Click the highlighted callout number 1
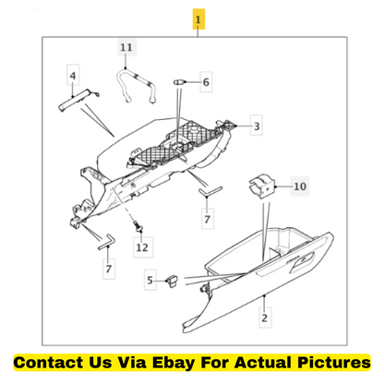click(x=198, y=19)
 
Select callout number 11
click(x=126, y=47)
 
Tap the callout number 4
click(x=73, y=76)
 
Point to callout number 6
click(x=206, y=82)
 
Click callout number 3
click(x=257, y=126)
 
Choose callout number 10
click(x=300, y=186)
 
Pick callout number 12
click(x=142, y=247)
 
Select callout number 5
click(x=150, y=280)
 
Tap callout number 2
click(x=265, y=318)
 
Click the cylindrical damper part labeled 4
click(x=77, y=99)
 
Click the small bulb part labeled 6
click(x=179, y=82)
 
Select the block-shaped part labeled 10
click(x=260, y=186)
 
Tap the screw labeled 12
click(x=138, y=227)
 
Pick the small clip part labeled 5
click(x=172, y=281)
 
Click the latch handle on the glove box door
click(x=303, y=260)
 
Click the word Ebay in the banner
click(x=174, y=363)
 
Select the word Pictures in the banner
click(x=334, y=362)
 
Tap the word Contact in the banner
click(x=48, y=362)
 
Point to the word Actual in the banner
click(x=262, y=362)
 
